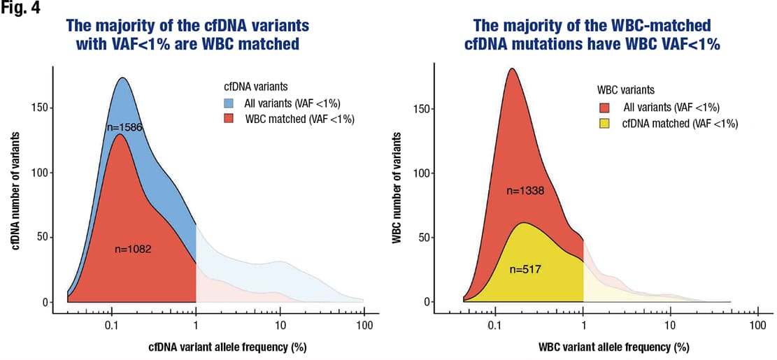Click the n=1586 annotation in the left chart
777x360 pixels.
pyautogui.click(x=125, y=127)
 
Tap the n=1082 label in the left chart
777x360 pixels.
pyautogui.click(x=133, y=248)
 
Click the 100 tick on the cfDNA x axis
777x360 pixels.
pyautogui.click(x=364, y=326)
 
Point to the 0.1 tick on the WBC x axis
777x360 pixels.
pyautogui.click(x=495, y=326)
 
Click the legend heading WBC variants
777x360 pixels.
pyautogui.click(x=625, y=91)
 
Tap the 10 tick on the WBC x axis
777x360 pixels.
pyautogui.click(x=671, y=326)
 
